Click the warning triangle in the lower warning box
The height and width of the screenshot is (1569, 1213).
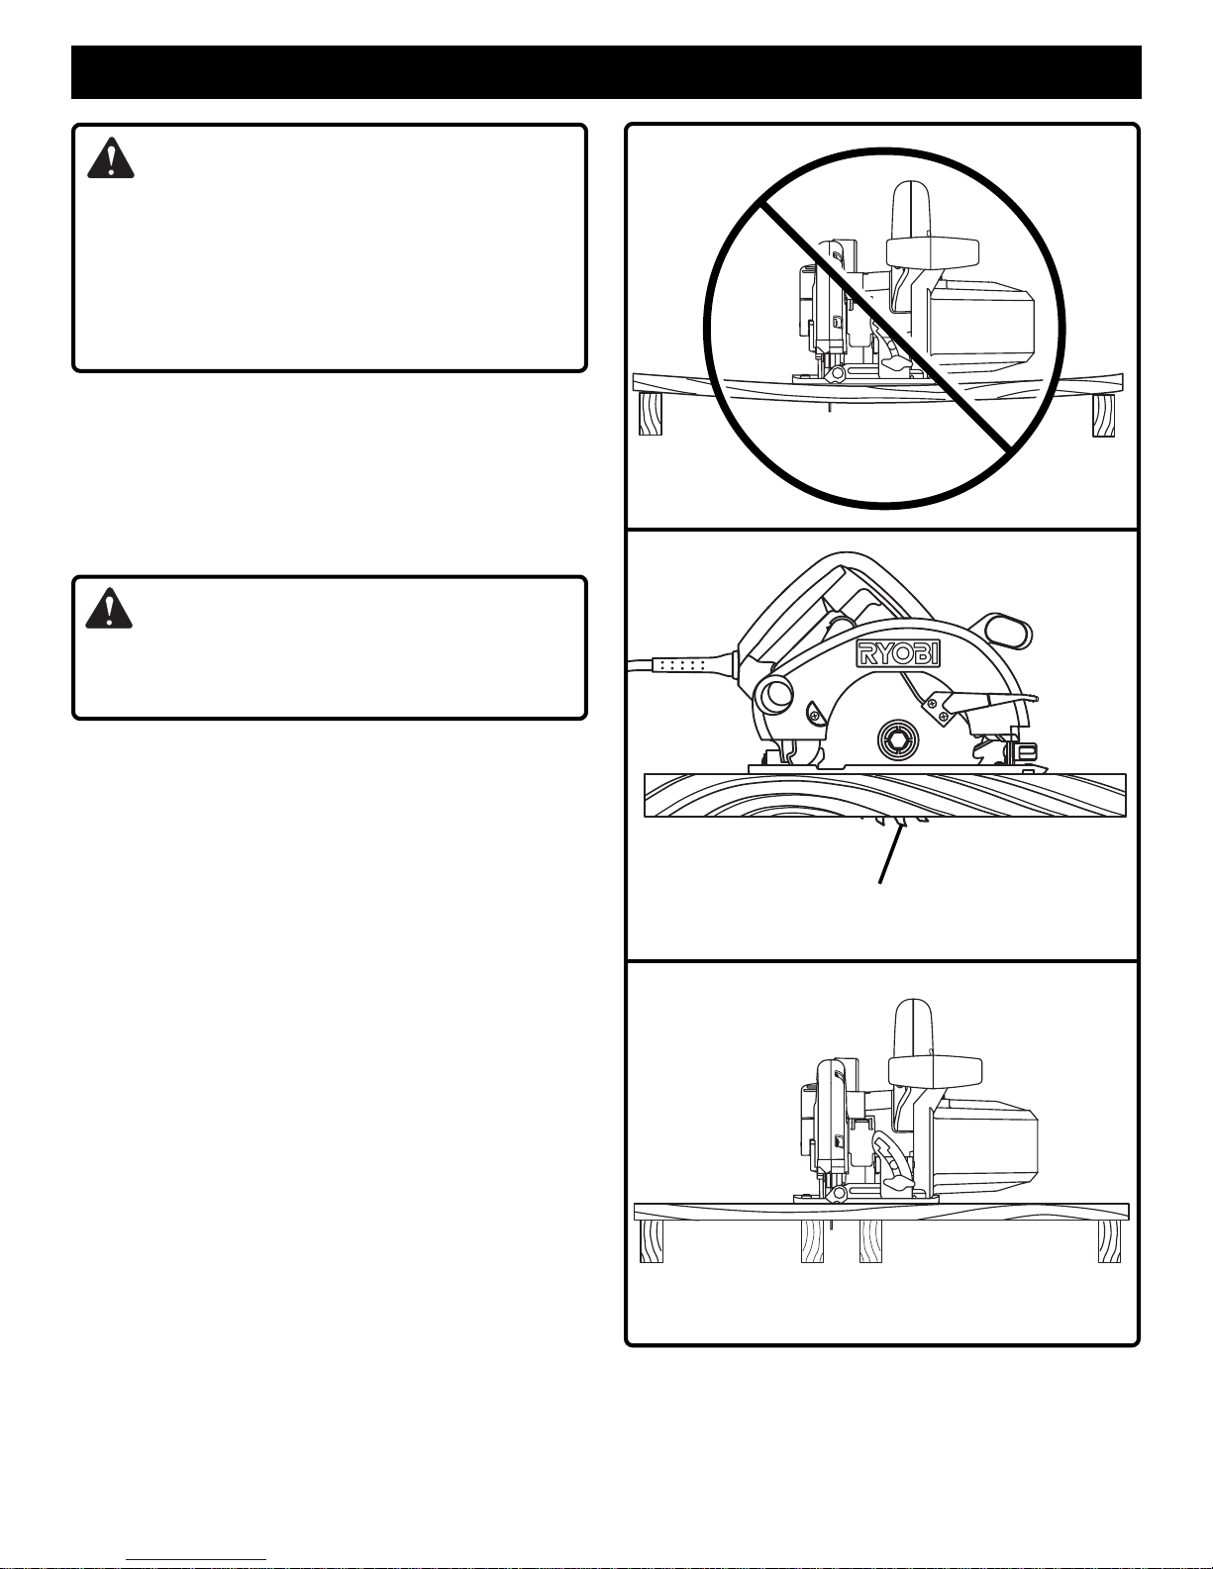point(109,608)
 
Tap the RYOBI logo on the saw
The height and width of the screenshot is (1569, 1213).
point(897,654)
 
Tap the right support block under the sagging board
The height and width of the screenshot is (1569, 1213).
point(1103,416)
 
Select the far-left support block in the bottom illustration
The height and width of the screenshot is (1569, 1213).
point(652,1241)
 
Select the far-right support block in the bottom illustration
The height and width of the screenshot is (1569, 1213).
point(1110,1241)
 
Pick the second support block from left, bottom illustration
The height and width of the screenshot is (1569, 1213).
point(813,1241)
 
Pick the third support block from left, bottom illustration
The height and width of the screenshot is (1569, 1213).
point(870,1241)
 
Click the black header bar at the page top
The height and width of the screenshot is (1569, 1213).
point(606,71)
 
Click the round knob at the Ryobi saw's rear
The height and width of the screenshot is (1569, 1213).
point(773,696)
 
